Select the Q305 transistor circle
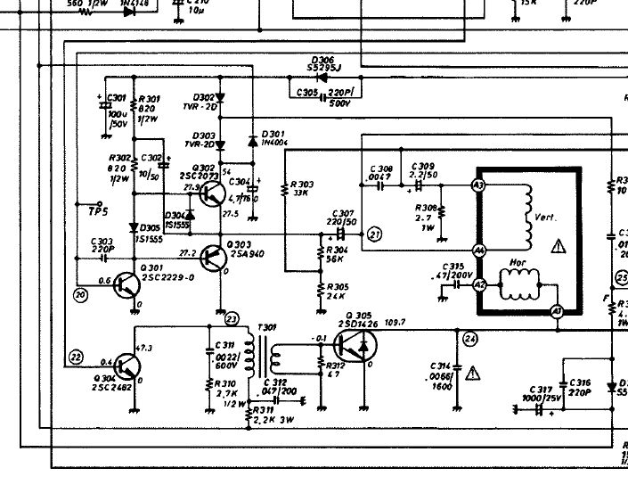(x=355, y=345)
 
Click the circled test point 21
(x=374, y=234)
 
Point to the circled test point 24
(x=470, y=338)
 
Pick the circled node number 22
(x=76, y=357)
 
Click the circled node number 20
(x=82, y=294)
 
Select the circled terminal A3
(x=478, y=185)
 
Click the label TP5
(x=97, y=210)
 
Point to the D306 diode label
(x=322, y=61)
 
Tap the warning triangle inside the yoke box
(x=559, y=245)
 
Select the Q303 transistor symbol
(x=213, y=258)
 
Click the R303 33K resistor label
(x=301, y=188)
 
